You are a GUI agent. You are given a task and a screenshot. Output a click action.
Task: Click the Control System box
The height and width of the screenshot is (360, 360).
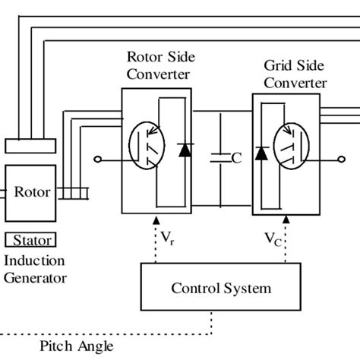(220, 289)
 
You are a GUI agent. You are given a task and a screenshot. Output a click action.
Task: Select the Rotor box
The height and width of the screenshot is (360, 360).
(29, 192)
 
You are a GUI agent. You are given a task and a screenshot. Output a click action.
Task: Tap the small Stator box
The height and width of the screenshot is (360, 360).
(29, 242)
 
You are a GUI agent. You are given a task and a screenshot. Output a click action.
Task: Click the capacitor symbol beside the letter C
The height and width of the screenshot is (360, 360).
(220, 158)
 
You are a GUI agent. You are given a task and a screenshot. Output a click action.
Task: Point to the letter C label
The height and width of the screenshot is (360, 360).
(236, 159)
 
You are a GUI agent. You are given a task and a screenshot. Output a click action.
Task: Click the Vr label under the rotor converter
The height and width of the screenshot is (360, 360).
(167, 237)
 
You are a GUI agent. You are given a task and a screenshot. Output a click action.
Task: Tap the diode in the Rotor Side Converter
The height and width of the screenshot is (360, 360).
(183, 150)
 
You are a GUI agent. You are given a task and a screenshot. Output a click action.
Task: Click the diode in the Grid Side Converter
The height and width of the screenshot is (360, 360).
(261, 153)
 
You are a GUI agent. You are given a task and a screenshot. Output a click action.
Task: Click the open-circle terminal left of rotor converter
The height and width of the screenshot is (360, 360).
(98, 159)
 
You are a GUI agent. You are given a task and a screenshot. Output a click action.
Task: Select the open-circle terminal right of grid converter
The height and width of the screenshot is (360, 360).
(339, 159)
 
